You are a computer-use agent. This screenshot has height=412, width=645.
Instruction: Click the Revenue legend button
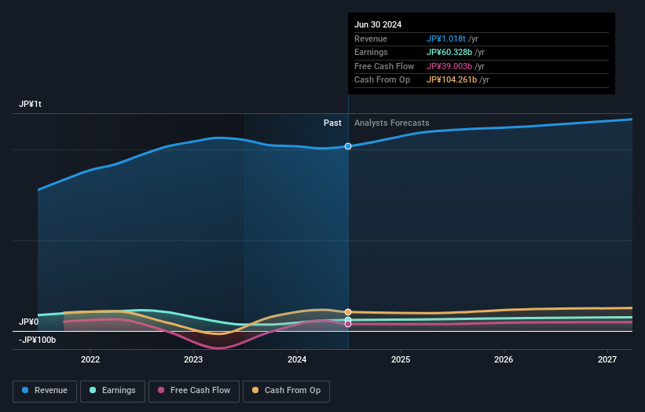tap(46, 390)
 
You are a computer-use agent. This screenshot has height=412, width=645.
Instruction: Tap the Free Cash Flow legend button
tap(194, 390)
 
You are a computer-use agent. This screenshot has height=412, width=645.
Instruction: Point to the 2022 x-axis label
tap(90, 359)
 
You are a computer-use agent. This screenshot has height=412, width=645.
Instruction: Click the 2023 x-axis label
tap(193, 359)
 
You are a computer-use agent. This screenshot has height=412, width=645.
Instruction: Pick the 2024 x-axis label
tap(297, 359)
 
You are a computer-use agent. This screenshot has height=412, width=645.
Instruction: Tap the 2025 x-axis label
tap(401, 359)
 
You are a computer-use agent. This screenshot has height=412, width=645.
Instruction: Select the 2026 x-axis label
tap(504, 359)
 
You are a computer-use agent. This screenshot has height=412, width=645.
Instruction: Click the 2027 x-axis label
tap(607, 359)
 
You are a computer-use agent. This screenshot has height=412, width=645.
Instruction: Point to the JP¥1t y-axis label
tap(31, 105)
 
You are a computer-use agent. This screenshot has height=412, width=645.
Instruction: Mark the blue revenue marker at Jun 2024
tap(348, 146)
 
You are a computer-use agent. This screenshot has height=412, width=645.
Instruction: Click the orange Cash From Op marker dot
tap(348, 312)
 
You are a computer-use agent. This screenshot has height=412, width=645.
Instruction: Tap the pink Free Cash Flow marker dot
tap(348, 324)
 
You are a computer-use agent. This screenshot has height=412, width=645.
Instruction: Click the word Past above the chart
tap(332, 123)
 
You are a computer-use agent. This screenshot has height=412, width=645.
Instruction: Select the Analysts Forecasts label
tap(392, 123)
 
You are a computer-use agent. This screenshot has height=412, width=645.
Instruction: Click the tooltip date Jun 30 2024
tap(378, 24)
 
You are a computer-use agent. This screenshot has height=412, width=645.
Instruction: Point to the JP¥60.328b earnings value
tap(450, 52)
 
